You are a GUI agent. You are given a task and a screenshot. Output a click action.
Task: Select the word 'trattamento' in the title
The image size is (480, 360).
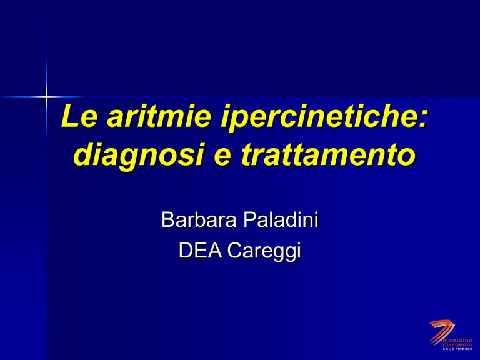tap(328, 154)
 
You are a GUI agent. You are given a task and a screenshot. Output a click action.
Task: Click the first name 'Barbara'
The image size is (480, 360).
tap(199, 219)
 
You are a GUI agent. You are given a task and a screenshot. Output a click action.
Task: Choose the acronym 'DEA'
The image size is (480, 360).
tap(200, 251)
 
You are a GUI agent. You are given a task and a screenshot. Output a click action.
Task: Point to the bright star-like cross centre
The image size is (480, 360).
tap(46, 97)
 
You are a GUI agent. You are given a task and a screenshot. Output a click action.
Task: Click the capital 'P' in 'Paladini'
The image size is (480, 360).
tap(249, 219)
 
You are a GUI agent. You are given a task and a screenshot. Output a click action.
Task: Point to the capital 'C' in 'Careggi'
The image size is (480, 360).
tap(235, 251)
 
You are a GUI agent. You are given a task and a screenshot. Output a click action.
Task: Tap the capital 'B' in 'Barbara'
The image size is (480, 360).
tap(167, 219)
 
